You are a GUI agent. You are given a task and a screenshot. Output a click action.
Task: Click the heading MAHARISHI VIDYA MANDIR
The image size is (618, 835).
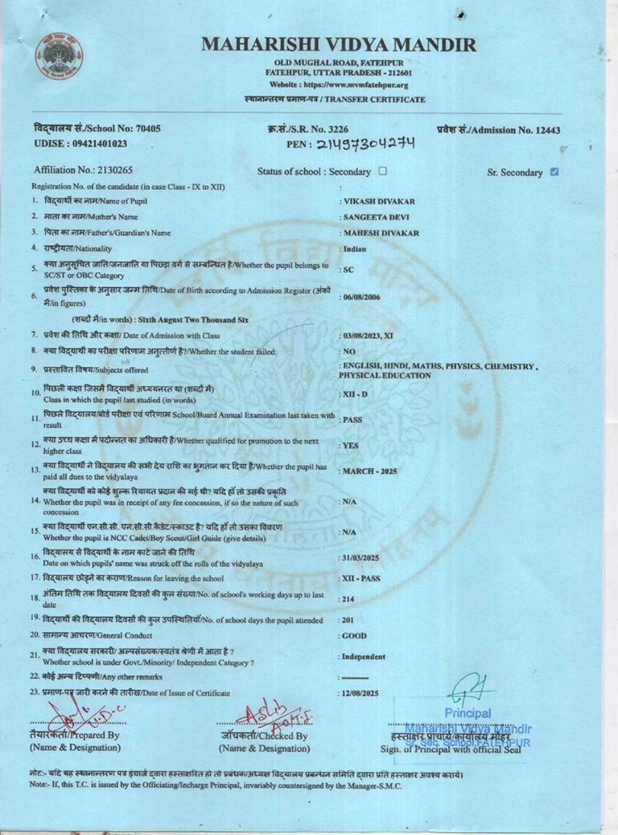coord(339,45)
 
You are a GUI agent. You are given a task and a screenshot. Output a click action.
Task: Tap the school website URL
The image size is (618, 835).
coord(339,85)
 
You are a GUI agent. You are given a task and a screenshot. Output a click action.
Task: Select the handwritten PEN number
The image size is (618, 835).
coord(365,143)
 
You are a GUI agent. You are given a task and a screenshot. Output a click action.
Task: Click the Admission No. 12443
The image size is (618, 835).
coord(498,130)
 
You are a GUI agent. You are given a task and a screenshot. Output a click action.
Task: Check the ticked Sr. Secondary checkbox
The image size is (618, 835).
coord(554,172)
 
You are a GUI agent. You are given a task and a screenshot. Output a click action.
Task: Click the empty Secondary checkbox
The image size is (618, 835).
coord(383,171)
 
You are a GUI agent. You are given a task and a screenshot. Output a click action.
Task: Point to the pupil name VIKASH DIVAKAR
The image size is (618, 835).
coord(379,202)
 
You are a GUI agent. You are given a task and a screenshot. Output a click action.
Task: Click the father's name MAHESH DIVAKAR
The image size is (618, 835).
coord(381,233)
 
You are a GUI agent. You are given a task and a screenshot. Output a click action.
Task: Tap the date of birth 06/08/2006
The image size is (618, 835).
coord(362,297)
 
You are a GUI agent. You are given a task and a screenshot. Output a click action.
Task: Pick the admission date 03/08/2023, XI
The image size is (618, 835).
coord(368,336)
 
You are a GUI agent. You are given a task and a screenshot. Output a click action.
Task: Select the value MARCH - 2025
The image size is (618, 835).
coord(370,471)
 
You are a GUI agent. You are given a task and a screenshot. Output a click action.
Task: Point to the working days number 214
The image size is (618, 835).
coord(347,599)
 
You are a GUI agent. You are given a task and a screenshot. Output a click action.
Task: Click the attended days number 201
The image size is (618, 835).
coord(347,620)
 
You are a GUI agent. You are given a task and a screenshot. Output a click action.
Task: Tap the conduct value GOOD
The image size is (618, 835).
coord(354,636)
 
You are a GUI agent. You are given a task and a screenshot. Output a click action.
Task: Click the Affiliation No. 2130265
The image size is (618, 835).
coord(83,170)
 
